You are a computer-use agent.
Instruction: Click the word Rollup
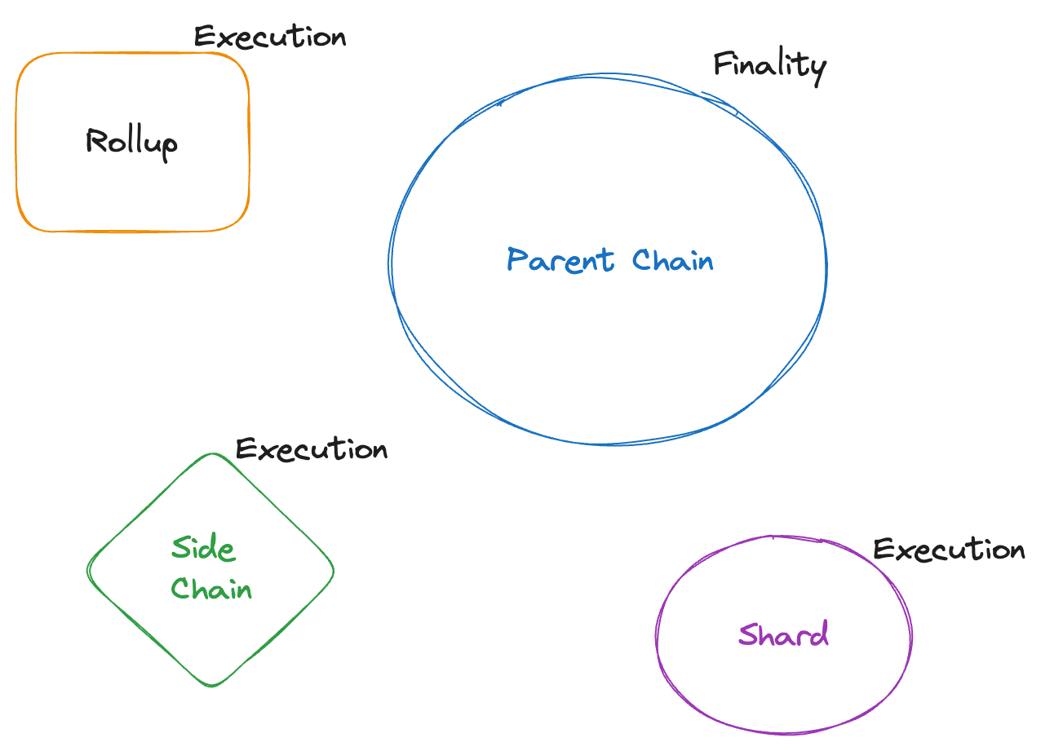[131, 143]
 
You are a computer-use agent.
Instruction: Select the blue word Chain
[673, 261]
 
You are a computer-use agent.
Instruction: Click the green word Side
[203, 548]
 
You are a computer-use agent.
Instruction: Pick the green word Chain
[211, 589]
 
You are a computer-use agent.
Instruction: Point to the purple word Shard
[783, 634]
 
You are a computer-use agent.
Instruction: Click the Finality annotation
[769, 64]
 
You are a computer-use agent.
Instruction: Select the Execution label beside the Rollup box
[270, 38]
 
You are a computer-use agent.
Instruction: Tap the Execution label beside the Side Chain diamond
[311, 449]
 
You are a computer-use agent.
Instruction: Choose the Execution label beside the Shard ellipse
[949, 550]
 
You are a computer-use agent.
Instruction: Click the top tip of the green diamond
[212, 454]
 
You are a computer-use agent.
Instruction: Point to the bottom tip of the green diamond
[212, 686]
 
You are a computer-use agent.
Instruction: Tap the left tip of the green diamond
[88, 570]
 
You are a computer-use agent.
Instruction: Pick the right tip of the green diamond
[334, 570]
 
